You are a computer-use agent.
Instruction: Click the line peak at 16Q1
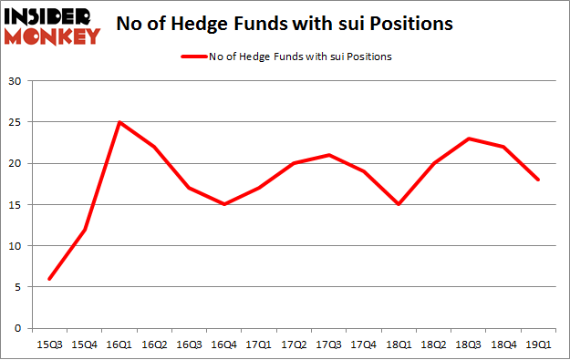coord(119,122)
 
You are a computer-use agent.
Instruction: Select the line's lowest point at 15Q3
coord(49,279)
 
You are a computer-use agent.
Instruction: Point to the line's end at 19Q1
coord(538,180)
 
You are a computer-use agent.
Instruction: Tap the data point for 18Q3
coord(468,139)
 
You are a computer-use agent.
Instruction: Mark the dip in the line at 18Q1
coord(399,204)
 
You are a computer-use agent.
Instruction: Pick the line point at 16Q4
coord(224,204)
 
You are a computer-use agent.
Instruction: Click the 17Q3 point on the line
coord(328,155)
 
